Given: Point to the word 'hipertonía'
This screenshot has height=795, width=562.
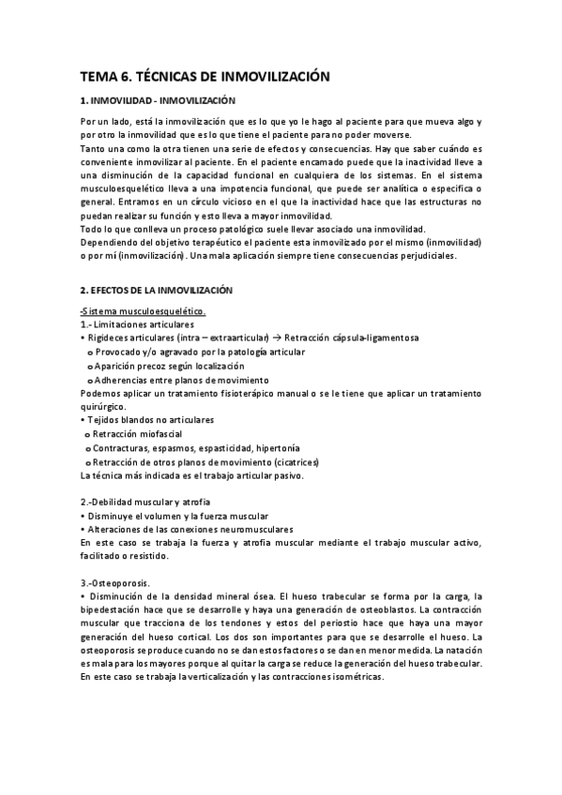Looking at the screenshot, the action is pyautogui.click(x=279, y=449).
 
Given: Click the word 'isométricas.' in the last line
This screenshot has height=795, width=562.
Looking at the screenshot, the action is pyautogui.click(x=357, y=678).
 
